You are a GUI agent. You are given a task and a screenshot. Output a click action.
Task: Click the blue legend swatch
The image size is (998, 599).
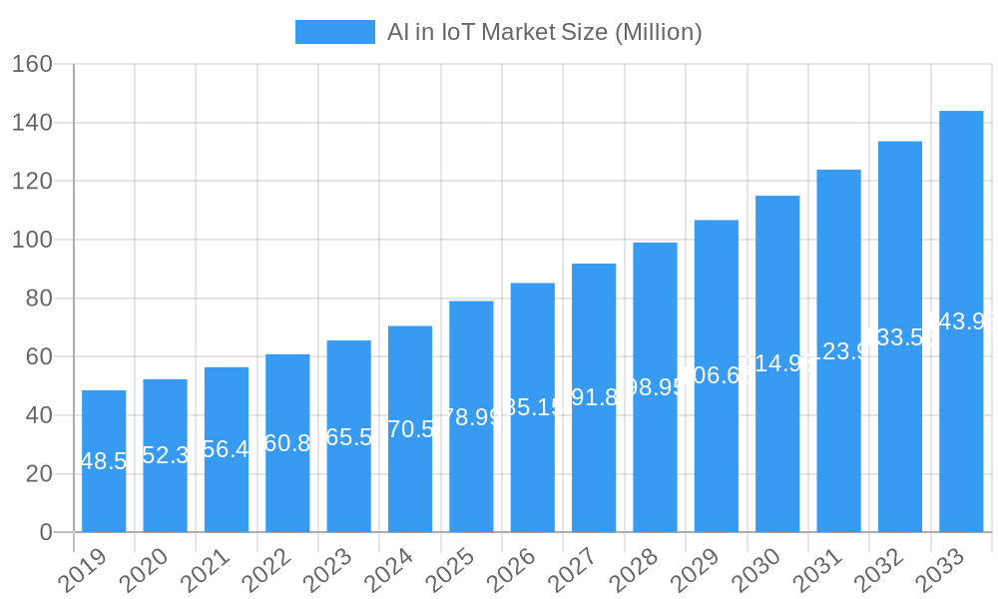click(335, 32)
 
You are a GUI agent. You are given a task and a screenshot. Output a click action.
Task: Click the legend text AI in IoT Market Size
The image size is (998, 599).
click(545, 32)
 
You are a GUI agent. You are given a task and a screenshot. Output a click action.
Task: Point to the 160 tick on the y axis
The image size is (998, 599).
click(32, 64)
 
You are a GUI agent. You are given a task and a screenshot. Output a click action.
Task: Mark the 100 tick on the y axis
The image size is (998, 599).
click(32, 240)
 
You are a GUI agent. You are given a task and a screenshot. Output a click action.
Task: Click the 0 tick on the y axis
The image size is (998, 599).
click(45, 532)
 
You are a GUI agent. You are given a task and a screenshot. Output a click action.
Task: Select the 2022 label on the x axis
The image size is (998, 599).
click(265, 571)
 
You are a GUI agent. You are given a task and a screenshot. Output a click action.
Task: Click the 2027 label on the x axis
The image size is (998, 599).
click(572, 571)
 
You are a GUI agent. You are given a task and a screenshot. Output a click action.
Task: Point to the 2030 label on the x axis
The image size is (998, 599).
click(755, 571)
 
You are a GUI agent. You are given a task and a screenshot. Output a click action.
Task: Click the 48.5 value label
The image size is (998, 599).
click(104, 461)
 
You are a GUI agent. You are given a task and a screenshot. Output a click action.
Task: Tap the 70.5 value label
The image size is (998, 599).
click(410, 429)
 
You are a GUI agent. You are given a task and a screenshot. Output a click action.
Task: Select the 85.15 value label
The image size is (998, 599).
click(533, 407)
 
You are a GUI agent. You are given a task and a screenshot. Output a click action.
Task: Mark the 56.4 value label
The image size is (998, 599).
click(227, 449)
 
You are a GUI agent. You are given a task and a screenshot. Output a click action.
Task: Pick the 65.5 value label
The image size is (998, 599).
click(349, 436)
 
